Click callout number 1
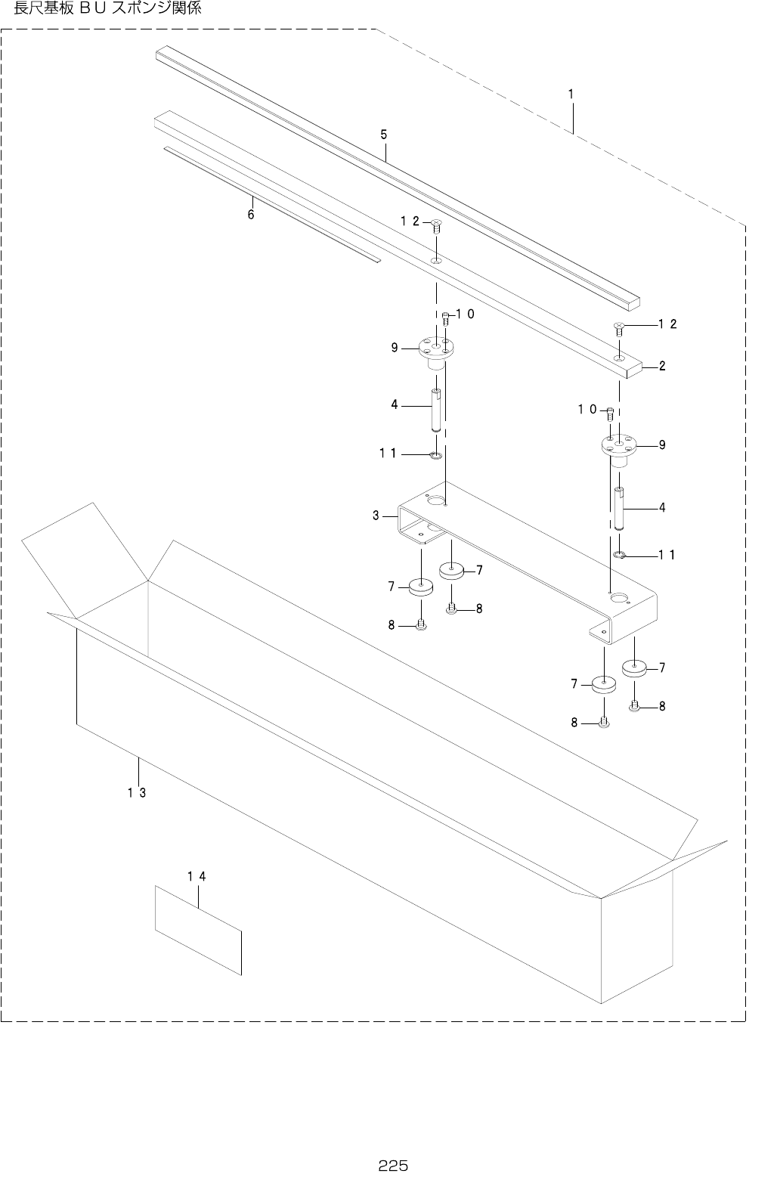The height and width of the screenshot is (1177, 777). coord(571,94)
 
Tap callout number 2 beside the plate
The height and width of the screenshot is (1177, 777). coord(662,367)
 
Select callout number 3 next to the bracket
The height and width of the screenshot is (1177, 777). coord(376,516)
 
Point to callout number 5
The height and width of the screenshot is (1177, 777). coord(384,135)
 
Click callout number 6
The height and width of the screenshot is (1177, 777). coord(251,215)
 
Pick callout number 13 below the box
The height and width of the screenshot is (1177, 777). coord(136,792)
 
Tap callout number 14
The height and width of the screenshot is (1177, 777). coord(197,876)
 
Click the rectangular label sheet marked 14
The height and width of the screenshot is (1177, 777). coord(198,930)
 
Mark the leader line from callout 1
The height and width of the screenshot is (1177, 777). coord(572,117)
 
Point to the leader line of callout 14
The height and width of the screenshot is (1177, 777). coord(198,895)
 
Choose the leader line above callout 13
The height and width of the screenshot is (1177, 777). coord(138,770)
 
